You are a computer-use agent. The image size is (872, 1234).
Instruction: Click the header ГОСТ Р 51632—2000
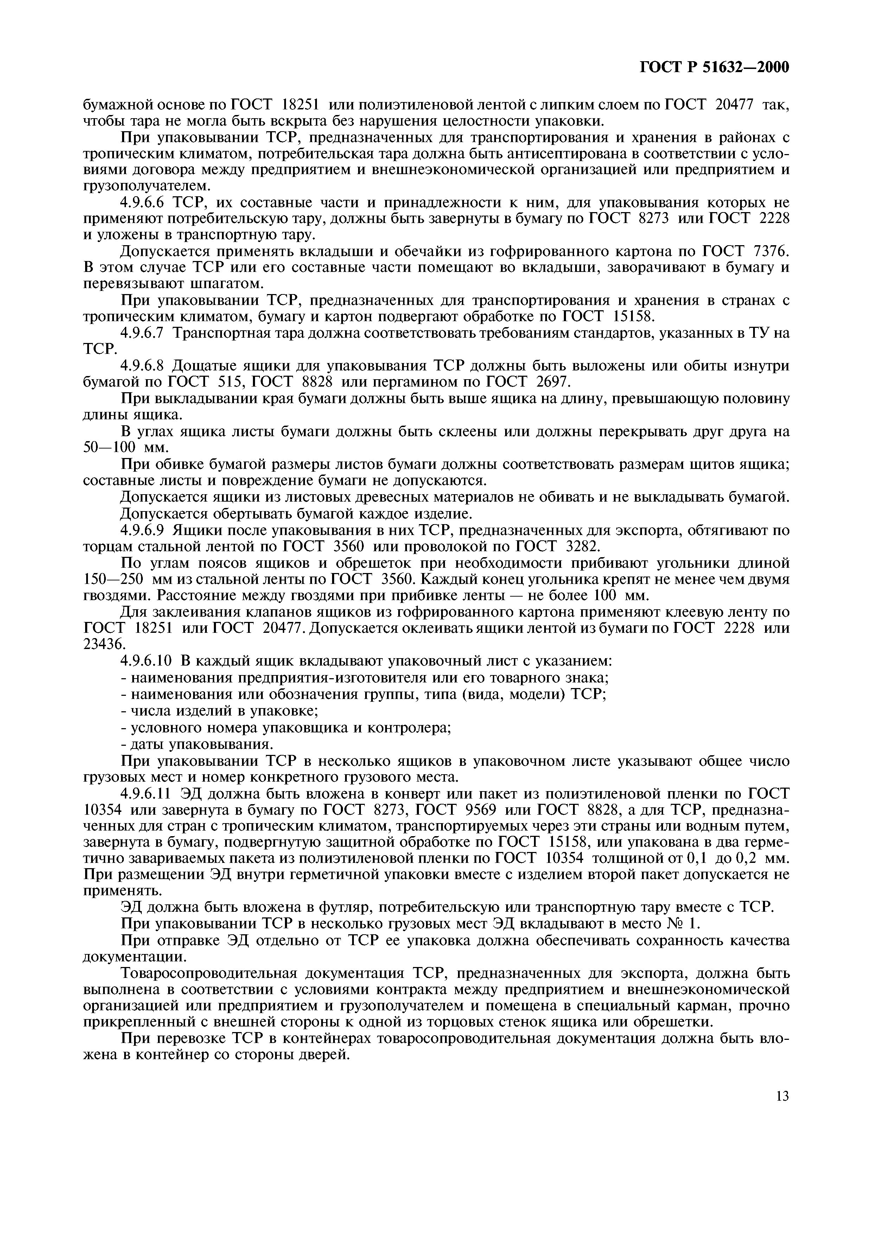click(x=714, y=68)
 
